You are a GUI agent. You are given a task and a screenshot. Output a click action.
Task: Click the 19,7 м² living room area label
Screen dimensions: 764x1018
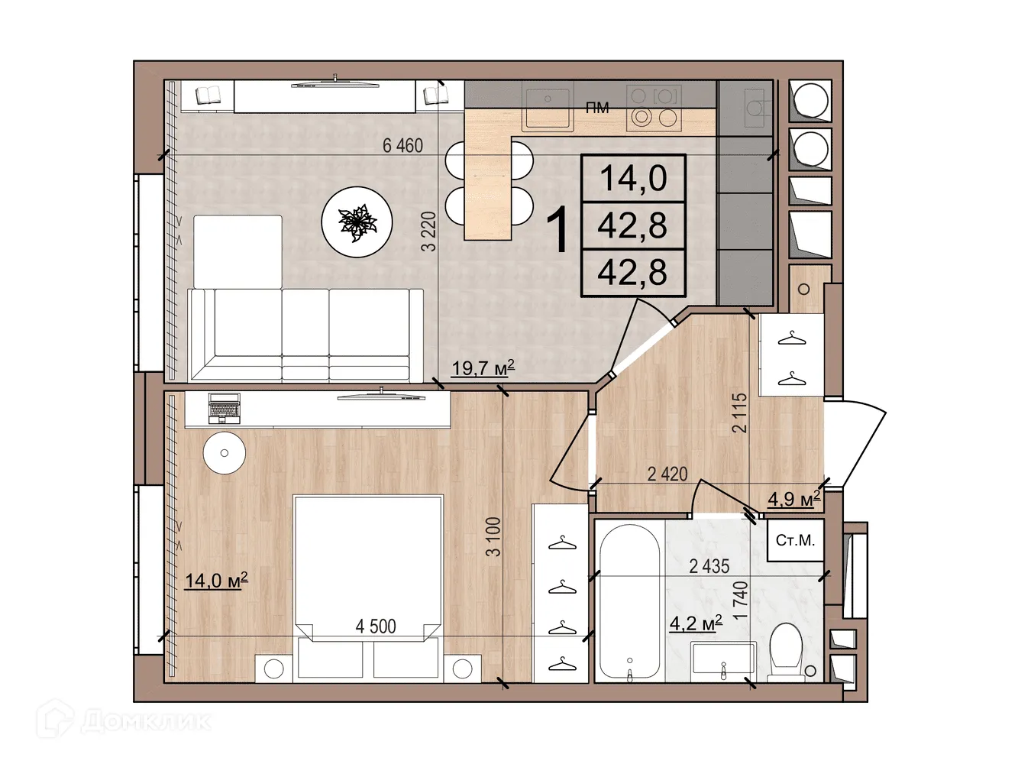(483, 368)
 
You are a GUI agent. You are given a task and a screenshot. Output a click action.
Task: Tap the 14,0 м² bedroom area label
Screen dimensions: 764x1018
(216, 581)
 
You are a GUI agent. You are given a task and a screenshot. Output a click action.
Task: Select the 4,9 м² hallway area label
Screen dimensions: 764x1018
(793, 499)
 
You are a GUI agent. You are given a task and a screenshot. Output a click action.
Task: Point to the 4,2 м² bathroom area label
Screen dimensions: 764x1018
(696, 623)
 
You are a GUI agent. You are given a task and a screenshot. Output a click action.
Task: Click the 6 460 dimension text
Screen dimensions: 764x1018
(402, 145)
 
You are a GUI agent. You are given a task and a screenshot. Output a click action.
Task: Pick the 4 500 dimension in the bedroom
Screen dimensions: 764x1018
(376, 626)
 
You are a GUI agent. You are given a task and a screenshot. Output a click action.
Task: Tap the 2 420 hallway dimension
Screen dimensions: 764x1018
(667, 474)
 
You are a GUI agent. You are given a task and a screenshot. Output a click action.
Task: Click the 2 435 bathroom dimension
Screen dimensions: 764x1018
(709, 566)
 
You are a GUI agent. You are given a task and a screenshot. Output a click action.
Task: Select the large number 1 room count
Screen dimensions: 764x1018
(559, 230)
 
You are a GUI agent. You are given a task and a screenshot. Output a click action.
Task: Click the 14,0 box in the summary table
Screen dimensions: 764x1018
(633, 178)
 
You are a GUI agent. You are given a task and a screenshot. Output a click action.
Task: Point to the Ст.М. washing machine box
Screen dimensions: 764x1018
(795, 541)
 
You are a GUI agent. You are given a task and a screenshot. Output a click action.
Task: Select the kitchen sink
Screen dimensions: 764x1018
(547, 108)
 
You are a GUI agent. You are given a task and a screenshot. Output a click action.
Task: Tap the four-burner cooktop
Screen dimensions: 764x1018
(654, 108)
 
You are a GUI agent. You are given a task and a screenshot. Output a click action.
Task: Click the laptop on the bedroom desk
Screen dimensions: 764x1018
(224, 408)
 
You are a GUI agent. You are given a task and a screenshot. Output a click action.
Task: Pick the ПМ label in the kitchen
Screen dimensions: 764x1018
(597, 108)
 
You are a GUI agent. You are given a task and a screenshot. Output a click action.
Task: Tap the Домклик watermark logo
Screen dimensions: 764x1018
(124, 720)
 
